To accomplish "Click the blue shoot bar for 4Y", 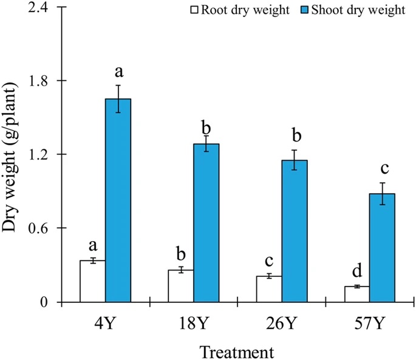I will [118, 200].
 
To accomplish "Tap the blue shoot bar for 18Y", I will [206, 223].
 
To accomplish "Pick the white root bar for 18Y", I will [180, 286].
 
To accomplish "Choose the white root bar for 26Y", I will [268, 289].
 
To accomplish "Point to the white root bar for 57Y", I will [356, 294].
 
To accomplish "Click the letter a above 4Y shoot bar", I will [119, 72].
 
